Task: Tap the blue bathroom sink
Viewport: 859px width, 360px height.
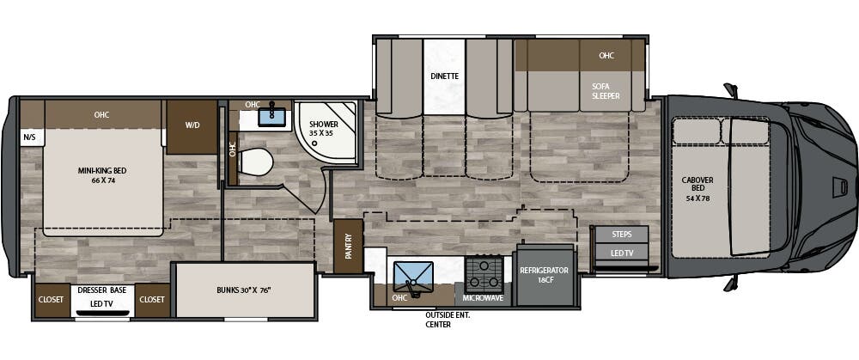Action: pyautogui.click(x=271, y=115)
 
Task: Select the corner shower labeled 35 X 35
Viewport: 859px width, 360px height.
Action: pyautogui.click(x=325, y=130)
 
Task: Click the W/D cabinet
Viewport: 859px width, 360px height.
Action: pyautogui.click(x=192, y=126)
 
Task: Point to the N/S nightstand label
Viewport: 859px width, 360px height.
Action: pyautogui.click(x=29, y=137)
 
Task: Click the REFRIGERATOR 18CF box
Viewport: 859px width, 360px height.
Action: pyautogui.click(x=544, y=275)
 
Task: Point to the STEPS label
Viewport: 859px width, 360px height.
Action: pyautogui.click(x=621, y=234)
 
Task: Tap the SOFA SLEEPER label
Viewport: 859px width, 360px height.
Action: pyautogui.click(x=606, y=91)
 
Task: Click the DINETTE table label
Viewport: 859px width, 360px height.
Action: pyautogui.click(x=444, y=76)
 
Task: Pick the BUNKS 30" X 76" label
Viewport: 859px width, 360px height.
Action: pyautogui.click(x=244, y=290)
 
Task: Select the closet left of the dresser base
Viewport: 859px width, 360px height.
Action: pyautogui.click(x=49, y=300)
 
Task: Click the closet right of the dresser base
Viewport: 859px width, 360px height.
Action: pyautogui.click(x=152, y=300)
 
